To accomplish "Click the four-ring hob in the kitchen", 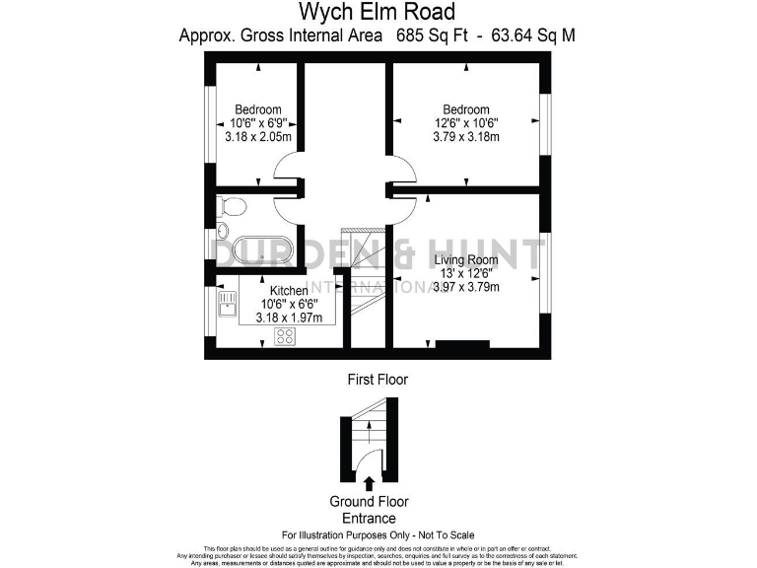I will (284, 336).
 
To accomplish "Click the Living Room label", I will (466, 260).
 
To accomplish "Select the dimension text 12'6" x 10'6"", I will (466, 123).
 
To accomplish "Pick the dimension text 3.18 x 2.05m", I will (258, 137).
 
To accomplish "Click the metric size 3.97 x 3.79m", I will (466, 288).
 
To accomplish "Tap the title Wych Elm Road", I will (378, 12).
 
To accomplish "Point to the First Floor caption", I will (378, 379).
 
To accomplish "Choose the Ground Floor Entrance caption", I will (369, 510).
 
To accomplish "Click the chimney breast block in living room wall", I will (462, 345).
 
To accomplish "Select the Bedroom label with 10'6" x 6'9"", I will (258, 109).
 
